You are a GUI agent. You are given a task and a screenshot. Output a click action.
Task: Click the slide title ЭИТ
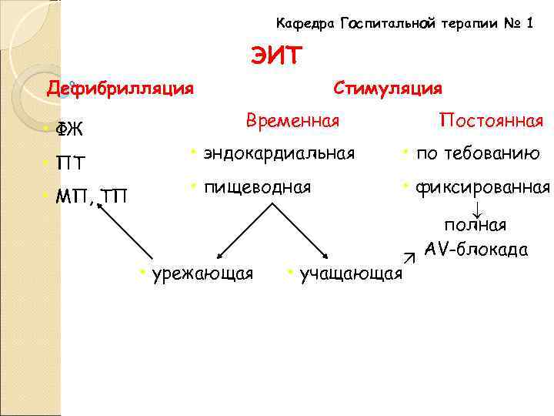coord(277,55)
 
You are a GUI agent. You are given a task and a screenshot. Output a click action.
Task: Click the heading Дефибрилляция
coord(121,88)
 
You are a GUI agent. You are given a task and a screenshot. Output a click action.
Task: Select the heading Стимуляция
coord(388,88)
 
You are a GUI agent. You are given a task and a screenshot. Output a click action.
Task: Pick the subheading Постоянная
coord(491,121)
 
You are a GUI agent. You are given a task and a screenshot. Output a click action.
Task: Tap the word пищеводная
coord(257,186)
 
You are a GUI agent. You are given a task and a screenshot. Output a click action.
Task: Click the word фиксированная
coord(482,186)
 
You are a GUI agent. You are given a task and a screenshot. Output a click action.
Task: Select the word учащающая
coord(350,273)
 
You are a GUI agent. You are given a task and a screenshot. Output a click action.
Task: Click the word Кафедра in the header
coord(302,23)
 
